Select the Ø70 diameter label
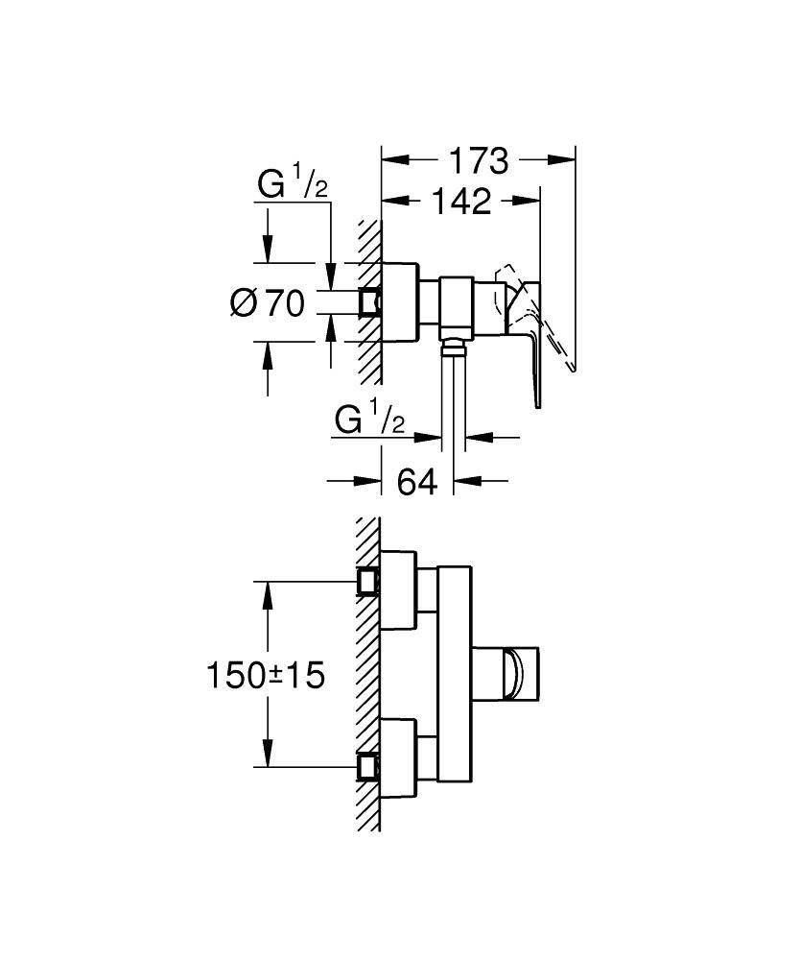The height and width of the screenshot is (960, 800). pyautogui.click(x=268, y=304)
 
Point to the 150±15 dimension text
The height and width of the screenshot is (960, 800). pyautogui.click(x=266, y=676)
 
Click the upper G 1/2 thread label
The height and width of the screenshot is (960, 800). pyautogui.click(x=292, y=183)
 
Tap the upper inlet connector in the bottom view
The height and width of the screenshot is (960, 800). pyautogui.click(x=367, y=582)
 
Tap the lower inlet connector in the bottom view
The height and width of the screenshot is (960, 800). pyautogui.click(x=367, y=767)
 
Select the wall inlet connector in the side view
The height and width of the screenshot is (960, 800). pyautogui.click(x=369, y=303)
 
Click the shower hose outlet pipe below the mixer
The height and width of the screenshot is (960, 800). pyautogui.click(x=454, y=394)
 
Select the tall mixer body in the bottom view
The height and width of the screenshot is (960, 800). pyautogui.click(x=455, y=676)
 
